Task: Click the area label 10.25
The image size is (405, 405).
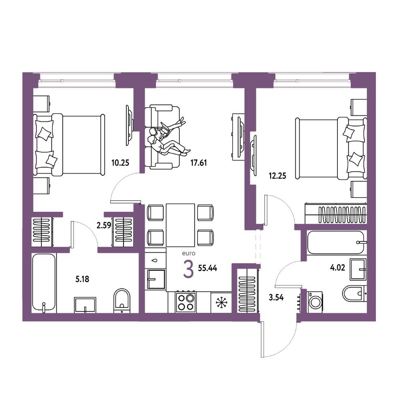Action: tap(120, 163)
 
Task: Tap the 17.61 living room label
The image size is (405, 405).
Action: tap(198, 163)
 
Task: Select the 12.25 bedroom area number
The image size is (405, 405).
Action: tap(277, 176)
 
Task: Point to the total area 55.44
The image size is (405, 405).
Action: tap(207, 268)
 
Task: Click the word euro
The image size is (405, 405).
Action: tap(189, 254)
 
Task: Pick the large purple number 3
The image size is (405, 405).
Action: tap(188, 269)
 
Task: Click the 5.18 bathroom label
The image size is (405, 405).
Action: tap(82, 279)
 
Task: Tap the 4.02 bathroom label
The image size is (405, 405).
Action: tap(338, 268)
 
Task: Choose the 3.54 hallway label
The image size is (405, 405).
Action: tap(276, 298)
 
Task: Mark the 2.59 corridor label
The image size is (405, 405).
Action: tap(104, 226)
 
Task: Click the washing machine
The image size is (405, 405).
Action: tap(315, 303)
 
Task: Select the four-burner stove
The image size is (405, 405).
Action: tap(186, 302)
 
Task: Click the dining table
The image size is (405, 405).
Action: tap(180, 225)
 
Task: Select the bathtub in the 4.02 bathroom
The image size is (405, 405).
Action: tap(336, 243)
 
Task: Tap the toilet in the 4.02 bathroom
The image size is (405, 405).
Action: tap(354, 293)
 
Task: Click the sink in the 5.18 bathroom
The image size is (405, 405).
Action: tap(85, 305)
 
